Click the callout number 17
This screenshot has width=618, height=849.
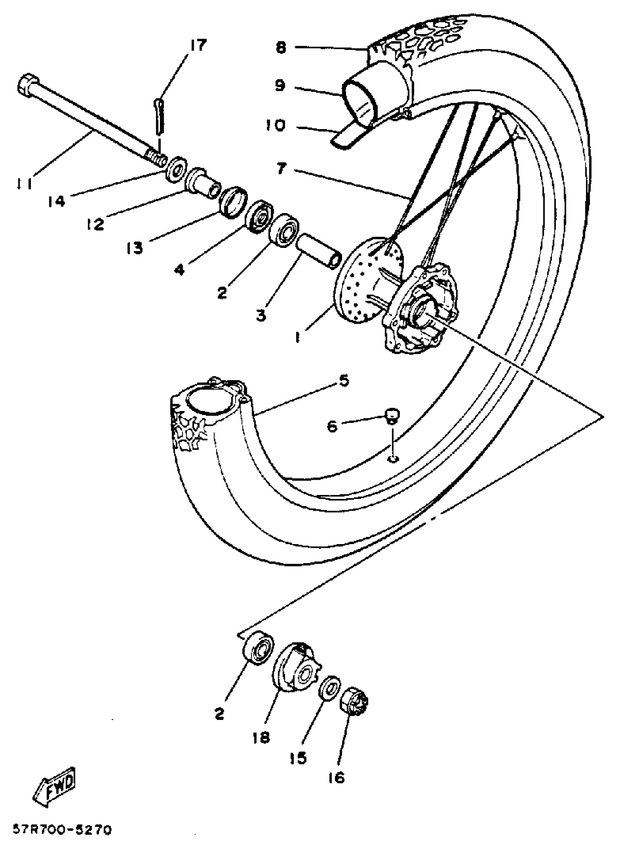coord(198,45)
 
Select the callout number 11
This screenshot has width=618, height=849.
coord(24,183)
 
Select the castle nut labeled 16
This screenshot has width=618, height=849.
coord(354,703)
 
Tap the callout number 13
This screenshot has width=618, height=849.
coord(135,248)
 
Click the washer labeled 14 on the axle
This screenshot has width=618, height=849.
coord(176,170)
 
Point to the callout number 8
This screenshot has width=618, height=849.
coord(281,48)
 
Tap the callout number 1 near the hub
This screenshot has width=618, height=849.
coord(298,338)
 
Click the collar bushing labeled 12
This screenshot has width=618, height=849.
coord(203,182)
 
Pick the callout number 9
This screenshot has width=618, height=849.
coord(280,85)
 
